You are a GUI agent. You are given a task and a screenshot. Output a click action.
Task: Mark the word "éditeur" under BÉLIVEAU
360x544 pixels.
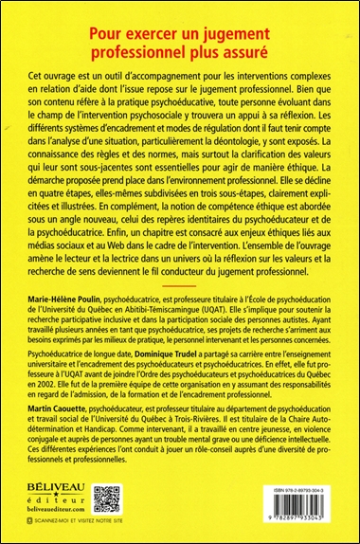click(x=47, y=514)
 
